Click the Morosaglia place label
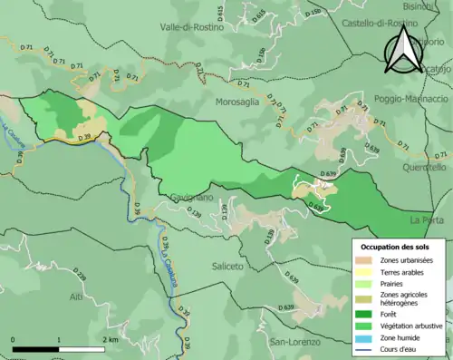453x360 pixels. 237,102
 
